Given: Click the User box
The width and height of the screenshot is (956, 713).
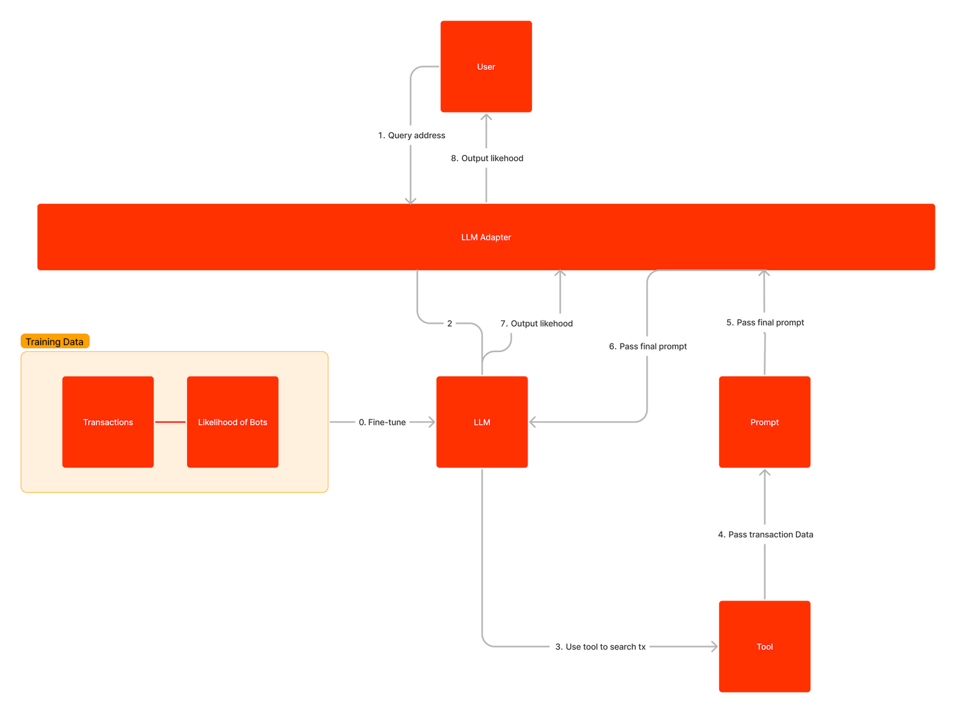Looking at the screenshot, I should point(485,66).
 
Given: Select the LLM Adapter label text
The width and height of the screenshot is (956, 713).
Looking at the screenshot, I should point(485,237).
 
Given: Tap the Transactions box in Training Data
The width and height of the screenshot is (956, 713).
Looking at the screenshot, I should point(108,422).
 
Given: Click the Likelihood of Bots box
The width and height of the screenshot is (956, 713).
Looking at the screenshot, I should point(232,422).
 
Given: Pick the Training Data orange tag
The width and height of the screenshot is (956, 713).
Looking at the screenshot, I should point(55,341).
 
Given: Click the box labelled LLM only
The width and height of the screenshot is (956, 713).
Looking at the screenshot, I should point(482,422).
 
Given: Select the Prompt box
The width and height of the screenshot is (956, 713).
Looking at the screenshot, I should point(764,422).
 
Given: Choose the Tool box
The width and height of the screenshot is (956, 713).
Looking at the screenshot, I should point(764,646).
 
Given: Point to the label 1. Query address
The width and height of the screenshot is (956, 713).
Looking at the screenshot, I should point(411,135).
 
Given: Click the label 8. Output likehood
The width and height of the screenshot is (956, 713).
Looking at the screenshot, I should point(487,158).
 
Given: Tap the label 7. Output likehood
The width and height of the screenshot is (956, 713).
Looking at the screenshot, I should point(536,323).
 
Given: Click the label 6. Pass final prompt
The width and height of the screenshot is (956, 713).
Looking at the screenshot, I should point(647,346).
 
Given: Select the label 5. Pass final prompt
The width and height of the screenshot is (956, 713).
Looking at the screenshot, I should point(765,322).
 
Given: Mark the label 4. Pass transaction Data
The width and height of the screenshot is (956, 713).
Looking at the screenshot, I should point(765,534).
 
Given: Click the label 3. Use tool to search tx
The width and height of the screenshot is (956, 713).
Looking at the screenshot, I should point(600,646).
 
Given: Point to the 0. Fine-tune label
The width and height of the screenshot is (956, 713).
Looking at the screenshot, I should point(382,422).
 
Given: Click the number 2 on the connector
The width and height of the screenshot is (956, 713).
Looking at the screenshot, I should point(449,323).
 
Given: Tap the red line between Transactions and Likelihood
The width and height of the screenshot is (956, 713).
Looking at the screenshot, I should point(170,422).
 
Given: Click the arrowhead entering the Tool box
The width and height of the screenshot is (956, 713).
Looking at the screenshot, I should point(714,646).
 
